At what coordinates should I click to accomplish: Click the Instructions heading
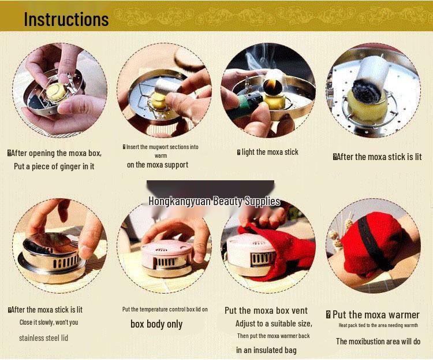click(66, 19)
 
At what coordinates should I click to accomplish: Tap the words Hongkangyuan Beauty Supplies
click(214, 202)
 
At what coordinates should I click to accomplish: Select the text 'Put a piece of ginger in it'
click(54, 166)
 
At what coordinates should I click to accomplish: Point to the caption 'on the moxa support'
click(158, 165)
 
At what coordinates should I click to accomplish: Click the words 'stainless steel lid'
click(43, 337)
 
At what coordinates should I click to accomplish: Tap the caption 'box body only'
click(156, 324)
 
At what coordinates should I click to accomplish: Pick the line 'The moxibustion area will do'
click(378, 342)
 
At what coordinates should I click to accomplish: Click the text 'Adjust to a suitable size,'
click(274, 324)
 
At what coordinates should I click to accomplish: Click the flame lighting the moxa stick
click(269, 87)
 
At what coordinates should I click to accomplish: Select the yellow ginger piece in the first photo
click(58, 91)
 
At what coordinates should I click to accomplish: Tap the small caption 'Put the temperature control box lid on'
click(165, 310)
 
